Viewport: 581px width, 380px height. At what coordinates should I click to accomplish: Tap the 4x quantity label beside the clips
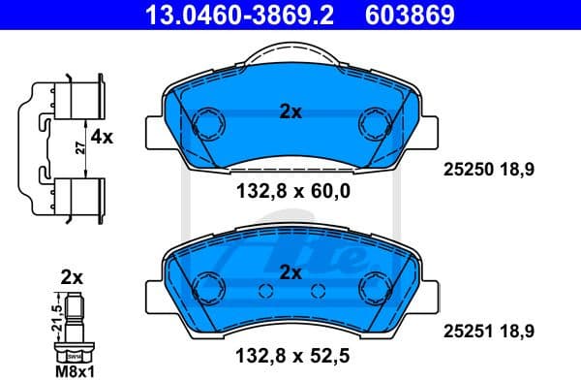(102, 138)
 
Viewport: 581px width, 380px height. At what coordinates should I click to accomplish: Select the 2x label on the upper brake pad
(290, 112)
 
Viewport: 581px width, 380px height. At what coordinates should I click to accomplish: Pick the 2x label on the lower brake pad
(290, 271)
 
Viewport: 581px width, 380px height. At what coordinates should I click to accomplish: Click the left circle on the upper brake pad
(205, 124)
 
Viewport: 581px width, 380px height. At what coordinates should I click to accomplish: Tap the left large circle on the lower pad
(205, 286)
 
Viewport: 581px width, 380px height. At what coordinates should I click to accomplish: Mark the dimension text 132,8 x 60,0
(290, 192)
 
